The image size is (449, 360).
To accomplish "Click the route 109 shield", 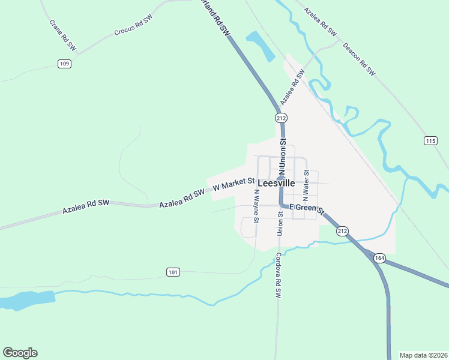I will (x=65, y=64).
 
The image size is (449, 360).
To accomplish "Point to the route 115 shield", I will (x=430, y=141).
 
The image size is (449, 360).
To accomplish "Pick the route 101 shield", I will (x=173, y=272).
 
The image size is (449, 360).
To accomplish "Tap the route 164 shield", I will (x=379, y=258).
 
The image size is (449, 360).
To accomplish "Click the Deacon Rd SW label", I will (x=358, y=59).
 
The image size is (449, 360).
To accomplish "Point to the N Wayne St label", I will (x=256, y=206).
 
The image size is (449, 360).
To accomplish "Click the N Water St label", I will (x=306, y=185).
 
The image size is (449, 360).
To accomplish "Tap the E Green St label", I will (x=306, y=209).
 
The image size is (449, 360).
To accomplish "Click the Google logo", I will (x=20, y=353).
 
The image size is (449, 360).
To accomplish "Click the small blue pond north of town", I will (x=260, y=46).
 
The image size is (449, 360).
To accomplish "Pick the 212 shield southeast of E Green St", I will (x=342, y=231).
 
